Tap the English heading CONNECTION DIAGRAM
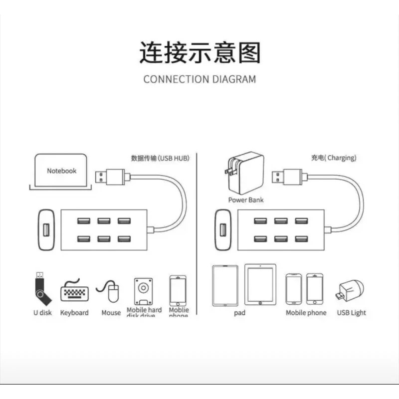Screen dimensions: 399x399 point(199,79)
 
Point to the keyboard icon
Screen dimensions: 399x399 point(74,291)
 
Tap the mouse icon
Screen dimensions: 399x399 point(112,291)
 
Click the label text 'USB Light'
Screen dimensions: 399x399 point(351,313)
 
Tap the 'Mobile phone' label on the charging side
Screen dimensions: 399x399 point(306,313)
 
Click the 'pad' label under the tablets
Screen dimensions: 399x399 point(239,313)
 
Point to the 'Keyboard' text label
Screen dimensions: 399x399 point(74,313)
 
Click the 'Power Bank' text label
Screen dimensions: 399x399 point(246,200)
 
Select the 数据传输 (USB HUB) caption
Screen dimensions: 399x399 point(161,158)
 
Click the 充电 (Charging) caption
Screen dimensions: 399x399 point(334,158)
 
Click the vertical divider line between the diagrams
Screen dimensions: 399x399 point(198,234)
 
